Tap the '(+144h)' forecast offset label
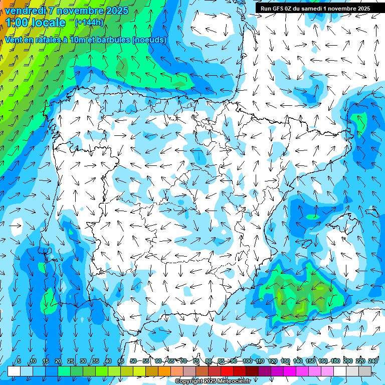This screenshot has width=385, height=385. (89, 23)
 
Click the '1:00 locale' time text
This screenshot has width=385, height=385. (35, 23)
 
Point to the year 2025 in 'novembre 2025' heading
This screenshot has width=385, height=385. (117, 11)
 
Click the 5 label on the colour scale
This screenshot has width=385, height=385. (19, 361)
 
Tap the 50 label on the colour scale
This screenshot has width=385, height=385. (133, 361)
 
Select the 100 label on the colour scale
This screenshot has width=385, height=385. (247, 361)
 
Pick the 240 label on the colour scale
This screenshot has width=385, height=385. (373, 361)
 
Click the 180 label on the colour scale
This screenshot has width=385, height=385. (335, 361)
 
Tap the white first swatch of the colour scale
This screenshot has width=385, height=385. (14, 371)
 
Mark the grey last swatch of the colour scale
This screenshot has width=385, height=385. (365, 371)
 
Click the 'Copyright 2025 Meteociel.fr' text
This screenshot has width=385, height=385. (213, 381)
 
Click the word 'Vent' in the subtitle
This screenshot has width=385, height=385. (15, 40)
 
